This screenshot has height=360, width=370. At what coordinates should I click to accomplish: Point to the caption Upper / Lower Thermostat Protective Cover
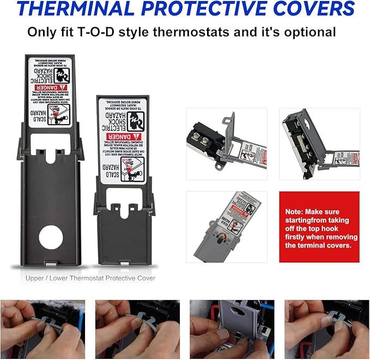(90, 278)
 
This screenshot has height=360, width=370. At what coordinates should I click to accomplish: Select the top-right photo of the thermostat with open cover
(319, 144)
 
